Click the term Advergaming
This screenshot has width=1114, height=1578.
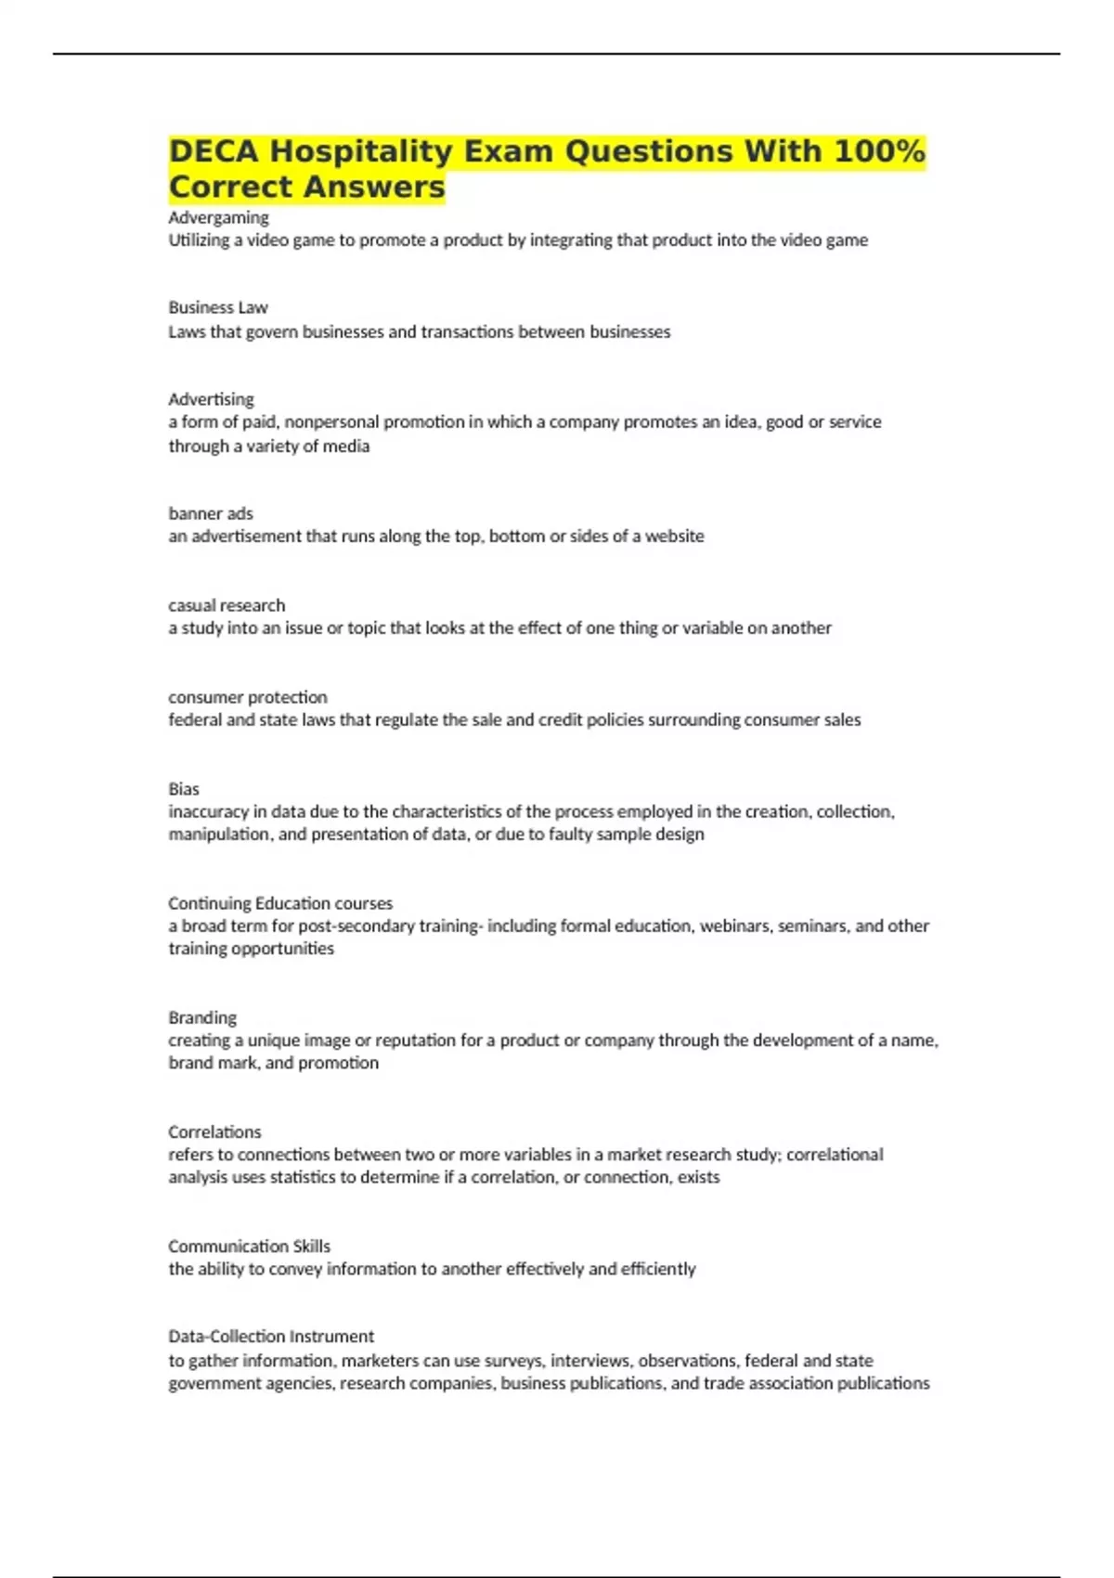218,218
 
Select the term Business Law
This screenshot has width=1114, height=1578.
218,307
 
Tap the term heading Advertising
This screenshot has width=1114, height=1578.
211,399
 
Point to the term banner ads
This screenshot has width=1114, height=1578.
211,513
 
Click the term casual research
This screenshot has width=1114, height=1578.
227,605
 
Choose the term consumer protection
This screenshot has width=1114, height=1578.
248,697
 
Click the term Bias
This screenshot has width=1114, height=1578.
184,789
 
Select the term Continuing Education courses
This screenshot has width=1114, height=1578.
280,903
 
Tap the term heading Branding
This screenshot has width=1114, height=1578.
202,1017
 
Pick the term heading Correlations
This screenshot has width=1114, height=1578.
214,1132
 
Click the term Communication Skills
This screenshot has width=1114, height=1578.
249,1246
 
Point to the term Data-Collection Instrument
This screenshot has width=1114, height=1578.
271,1337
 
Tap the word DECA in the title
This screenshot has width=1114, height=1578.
214,151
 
